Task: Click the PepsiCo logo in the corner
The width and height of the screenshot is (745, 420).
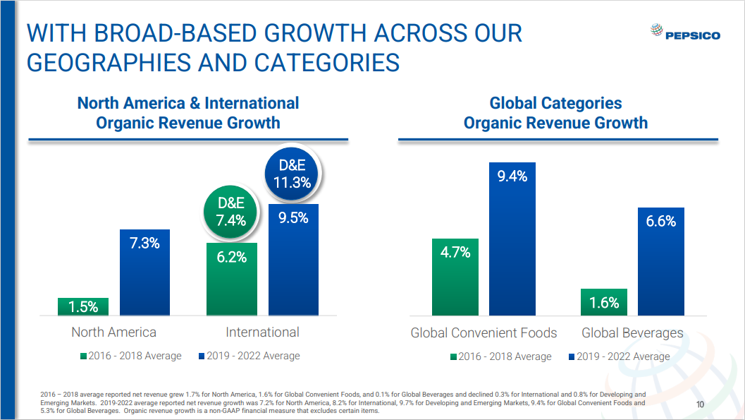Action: coord(684,33)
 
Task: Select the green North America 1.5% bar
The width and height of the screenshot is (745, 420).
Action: coord(83,306)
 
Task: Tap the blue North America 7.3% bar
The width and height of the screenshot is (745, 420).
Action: coord(144,272)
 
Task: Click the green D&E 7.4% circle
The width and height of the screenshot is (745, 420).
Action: coord(232,212)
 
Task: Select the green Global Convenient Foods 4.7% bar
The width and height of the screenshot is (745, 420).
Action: coord(455,277)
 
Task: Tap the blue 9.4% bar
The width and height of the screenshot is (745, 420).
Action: coord(512,239)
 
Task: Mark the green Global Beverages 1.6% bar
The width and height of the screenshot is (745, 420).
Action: coord(604,302)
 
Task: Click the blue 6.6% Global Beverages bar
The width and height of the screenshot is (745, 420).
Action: coord(661,261)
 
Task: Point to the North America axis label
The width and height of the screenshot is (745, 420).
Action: coord(114,332)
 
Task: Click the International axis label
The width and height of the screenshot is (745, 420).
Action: coord(262,332)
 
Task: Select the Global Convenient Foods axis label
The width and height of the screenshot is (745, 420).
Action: coord(484,333)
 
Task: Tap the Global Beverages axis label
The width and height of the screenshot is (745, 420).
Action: coord(632,333)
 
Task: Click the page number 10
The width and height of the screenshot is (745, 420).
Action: coord(700,404)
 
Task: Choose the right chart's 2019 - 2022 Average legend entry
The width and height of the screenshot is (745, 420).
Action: coord(619,356)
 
